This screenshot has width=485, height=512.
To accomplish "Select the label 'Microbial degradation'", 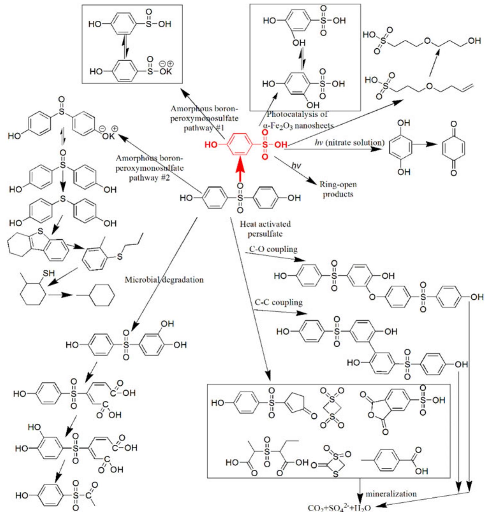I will [164, 280].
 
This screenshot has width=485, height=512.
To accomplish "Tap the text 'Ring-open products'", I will [338, 189].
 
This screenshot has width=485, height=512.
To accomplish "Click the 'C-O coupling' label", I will [273, 249].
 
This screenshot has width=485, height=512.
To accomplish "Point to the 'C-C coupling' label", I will [279, 302].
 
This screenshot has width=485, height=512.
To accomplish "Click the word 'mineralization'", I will [391, 494].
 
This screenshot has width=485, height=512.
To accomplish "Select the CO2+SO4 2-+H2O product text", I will [339, 507].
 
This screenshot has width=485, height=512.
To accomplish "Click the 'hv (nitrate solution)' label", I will [350, 142].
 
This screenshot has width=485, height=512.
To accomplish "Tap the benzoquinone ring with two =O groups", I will [453, 148].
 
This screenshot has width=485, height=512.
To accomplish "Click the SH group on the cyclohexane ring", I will [49, 273].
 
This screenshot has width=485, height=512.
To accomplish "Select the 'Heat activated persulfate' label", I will [265, 229].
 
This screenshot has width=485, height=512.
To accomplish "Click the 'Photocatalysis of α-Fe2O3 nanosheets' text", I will [298, 120].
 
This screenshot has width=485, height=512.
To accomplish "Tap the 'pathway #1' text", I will [204, 128].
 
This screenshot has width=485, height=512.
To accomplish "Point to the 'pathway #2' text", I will [149, 177].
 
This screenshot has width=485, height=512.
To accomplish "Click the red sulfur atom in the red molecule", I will [265, 145].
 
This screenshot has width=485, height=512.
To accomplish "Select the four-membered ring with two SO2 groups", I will [332, 408].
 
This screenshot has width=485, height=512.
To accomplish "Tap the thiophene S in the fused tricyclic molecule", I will [40, 231].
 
